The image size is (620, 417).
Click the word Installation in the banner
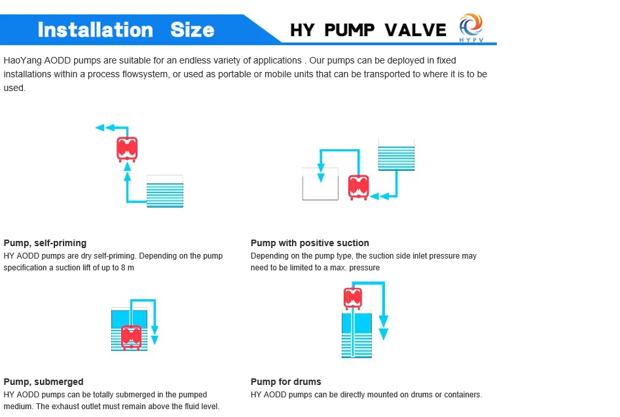[x=95, y=29]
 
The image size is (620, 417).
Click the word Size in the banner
[x=192, y=29]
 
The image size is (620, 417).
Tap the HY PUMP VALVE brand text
[x=368, y=30]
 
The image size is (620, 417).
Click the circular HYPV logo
[x=470, y=27]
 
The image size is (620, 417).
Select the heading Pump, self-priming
[x=45, y=243]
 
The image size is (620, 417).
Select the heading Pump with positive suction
[x=310, y=243]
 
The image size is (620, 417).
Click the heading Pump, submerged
[x=44, y=382]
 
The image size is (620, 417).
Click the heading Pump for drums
[x=286, y=382]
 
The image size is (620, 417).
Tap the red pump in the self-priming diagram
[x=127, y=149]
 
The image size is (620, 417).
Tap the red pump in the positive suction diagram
[x=358, y=187]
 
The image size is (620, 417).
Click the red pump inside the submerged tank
[x=132, y=337]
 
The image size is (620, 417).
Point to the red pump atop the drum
[x=353, y=298]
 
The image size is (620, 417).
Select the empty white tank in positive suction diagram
[x=320, y=184]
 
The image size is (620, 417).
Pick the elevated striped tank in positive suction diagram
[x=396, y=155]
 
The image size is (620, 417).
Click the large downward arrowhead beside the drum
[x=384, y=333]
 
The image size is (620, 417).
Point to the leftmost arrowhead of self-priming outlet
[x=100, y=128]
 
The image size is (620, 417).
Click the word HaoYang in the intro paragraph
[x=20, y=61]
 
